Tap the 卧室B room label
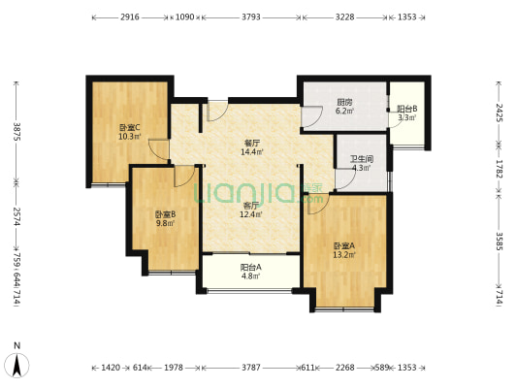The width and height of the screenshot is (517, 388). click(165, 214)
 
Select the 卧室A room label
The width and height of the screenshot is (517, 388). click(344, 246)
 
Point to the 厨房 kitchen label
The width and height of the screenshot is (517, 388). click(344, 102)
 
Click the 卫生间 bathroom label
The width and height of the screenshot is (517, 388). click(362, 159)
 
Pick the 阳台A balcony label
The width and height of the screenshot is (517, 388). click(251, 267)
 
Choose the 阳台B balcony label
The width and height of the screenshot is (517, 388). click(406, 109)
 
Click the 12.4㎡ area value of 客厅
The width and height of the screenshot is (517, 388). click(251, 214)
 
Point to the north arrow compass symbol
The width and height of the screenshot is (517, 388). click(16, 365)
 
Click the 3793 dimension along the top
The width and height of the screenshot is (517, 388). click(251, 16)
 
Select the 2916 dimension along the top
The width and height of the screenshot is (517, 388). click(130, 16)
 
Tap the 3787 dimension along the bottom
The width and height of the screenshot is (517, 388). click(251, 368)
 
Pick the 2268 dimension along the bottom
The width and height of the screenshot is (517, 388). click(345, 368)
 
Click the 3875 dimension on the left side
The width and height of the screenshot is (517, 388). click(16, 132)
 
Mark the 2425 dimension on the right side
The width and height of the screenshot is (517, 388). click(500, 113)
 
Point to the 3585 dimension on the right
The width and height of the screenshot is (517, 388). click(500, 242)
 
